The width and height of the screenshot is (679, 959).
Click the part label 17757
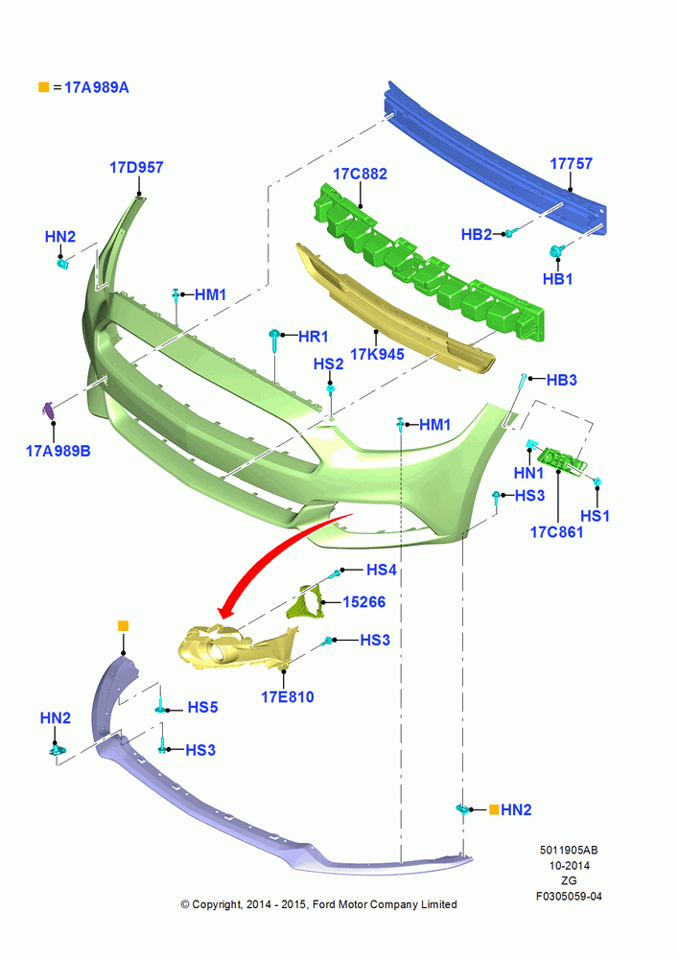[571, 163]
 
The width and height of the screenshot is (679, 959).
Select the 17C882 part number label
[360, 174]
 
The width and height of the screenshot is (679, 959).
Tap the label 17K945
[377, 354]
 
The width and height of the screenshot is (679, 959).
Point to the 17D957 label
[136, 167]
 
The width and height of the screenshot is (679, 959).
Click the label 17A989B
[59, 451]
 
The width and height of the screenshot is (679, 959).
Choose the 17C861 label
[556, 531]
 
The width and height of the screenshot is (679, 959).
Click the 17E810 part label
[288, 696]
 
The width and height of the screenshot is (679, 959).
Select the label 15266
[364, 602]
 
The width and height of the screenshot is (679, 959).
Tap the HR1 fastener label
[314, 336]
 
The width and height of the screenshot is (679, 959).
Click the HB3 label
[562, 380]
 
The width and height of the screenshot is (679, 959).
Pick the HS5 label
[202, 707]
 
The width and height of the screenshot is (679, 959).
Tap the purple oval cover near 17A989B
[48, 410]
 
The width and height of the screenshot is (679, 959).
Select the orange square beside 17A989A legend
[43, 87]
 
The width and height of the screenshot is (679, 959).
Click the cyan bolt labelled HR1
[274, 339]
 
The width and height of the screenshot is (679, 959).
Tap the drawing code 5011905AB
[569, 850]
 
